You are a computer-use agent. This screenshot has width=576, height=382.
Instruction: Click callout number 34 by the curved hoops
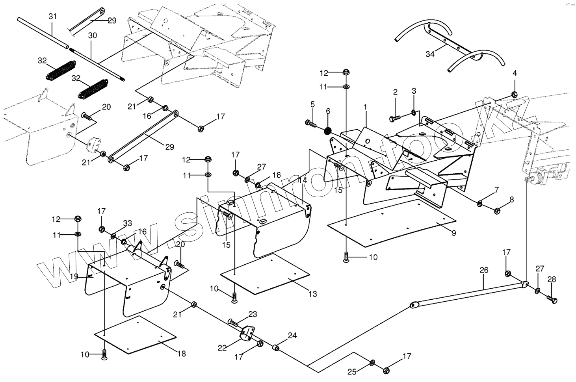430,54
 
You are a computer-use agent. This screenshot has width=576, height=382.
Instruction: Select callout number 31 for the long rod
52,17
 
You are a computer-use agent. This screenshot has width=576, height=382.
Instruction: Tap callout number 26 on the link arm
484,270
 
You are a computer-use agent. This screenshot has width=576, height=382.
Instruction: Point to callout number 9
454,233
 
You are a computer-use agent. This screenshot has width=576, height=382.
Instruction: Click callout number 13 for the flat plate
312,294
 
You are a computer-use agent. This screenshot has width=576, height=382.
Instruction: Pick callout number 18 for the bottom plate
181,353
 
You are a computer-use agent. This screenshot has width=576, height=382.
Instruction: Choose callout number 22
222,348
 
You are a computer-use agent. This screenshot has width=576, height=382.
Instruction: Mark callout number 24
292,336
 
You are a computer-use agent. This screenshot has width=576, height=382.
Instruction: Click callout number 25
351,371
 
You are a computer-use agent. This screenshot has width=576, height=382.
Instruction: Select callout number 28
552,280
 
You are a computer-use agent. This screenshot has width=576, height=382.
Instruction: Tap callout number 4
515,73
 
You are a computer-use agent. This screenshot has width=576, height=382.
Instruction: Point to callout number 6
328,111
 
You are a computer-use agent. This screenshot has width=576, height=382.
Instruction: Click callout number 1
365,107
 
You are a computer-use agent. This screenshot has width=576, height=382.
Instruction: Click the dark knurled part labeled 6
328,130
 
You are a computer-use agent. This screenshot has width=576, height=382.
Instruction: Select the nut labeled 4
514,94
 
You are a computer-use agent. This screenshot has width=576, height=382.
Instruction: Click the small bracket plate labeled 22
246,335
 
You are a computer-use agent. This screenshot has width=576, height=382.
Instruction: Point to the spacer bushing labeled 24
277,349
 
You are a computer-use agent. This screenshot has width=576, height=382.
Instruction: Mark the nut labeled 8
497,210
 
